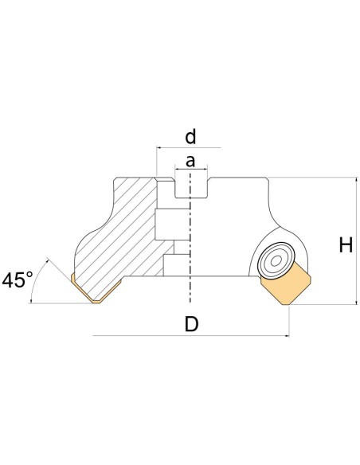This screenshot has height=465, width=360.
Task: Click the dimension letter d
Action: pos(190,137)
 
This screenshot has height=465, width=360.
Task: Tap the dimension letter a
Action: pos(190,162)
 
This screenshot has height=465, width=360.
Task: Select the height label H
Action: pos(346,245)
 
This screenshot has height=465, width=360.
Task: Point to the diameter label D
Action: pos(191,324)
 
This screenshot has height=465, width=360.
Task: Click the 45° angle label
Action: pos(18,279)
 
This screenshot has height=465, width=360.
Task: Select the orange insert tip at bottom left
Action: pos(96,291)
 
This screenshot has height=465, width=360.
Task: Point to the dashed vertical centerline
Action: pos(190,238)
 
